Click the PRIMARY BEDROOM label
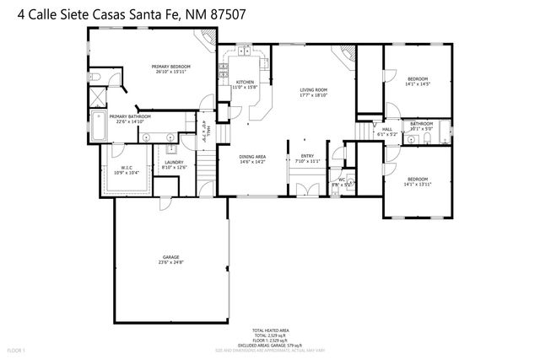coord(171,67)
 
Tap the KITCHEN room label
coord(244,82)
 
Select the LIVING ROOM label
coord(313,89)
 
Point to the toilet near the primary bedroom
coord(95,78)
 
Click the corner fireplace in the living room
coord(343,54)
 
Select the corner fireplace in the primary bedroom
coord(203,40)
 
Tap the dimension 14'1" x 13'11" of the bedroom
coord(418,184)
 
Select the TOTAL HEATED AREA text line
coord(270,330)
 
